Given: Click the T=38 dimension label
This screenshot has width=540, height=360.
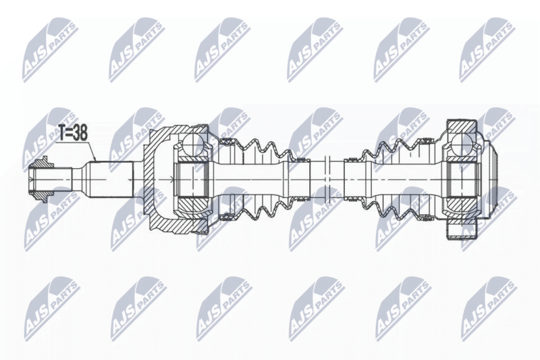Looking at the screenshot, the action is [72, 132].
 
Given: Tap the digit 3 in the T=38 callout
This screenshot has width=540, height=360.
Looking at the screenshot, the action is [75, 132].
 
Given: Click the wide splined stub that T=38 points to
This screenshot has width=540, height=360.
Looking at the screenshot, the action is [109, 179].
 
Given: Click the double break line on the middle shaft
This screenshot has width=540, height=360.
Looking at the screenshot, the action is [327, 179].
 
